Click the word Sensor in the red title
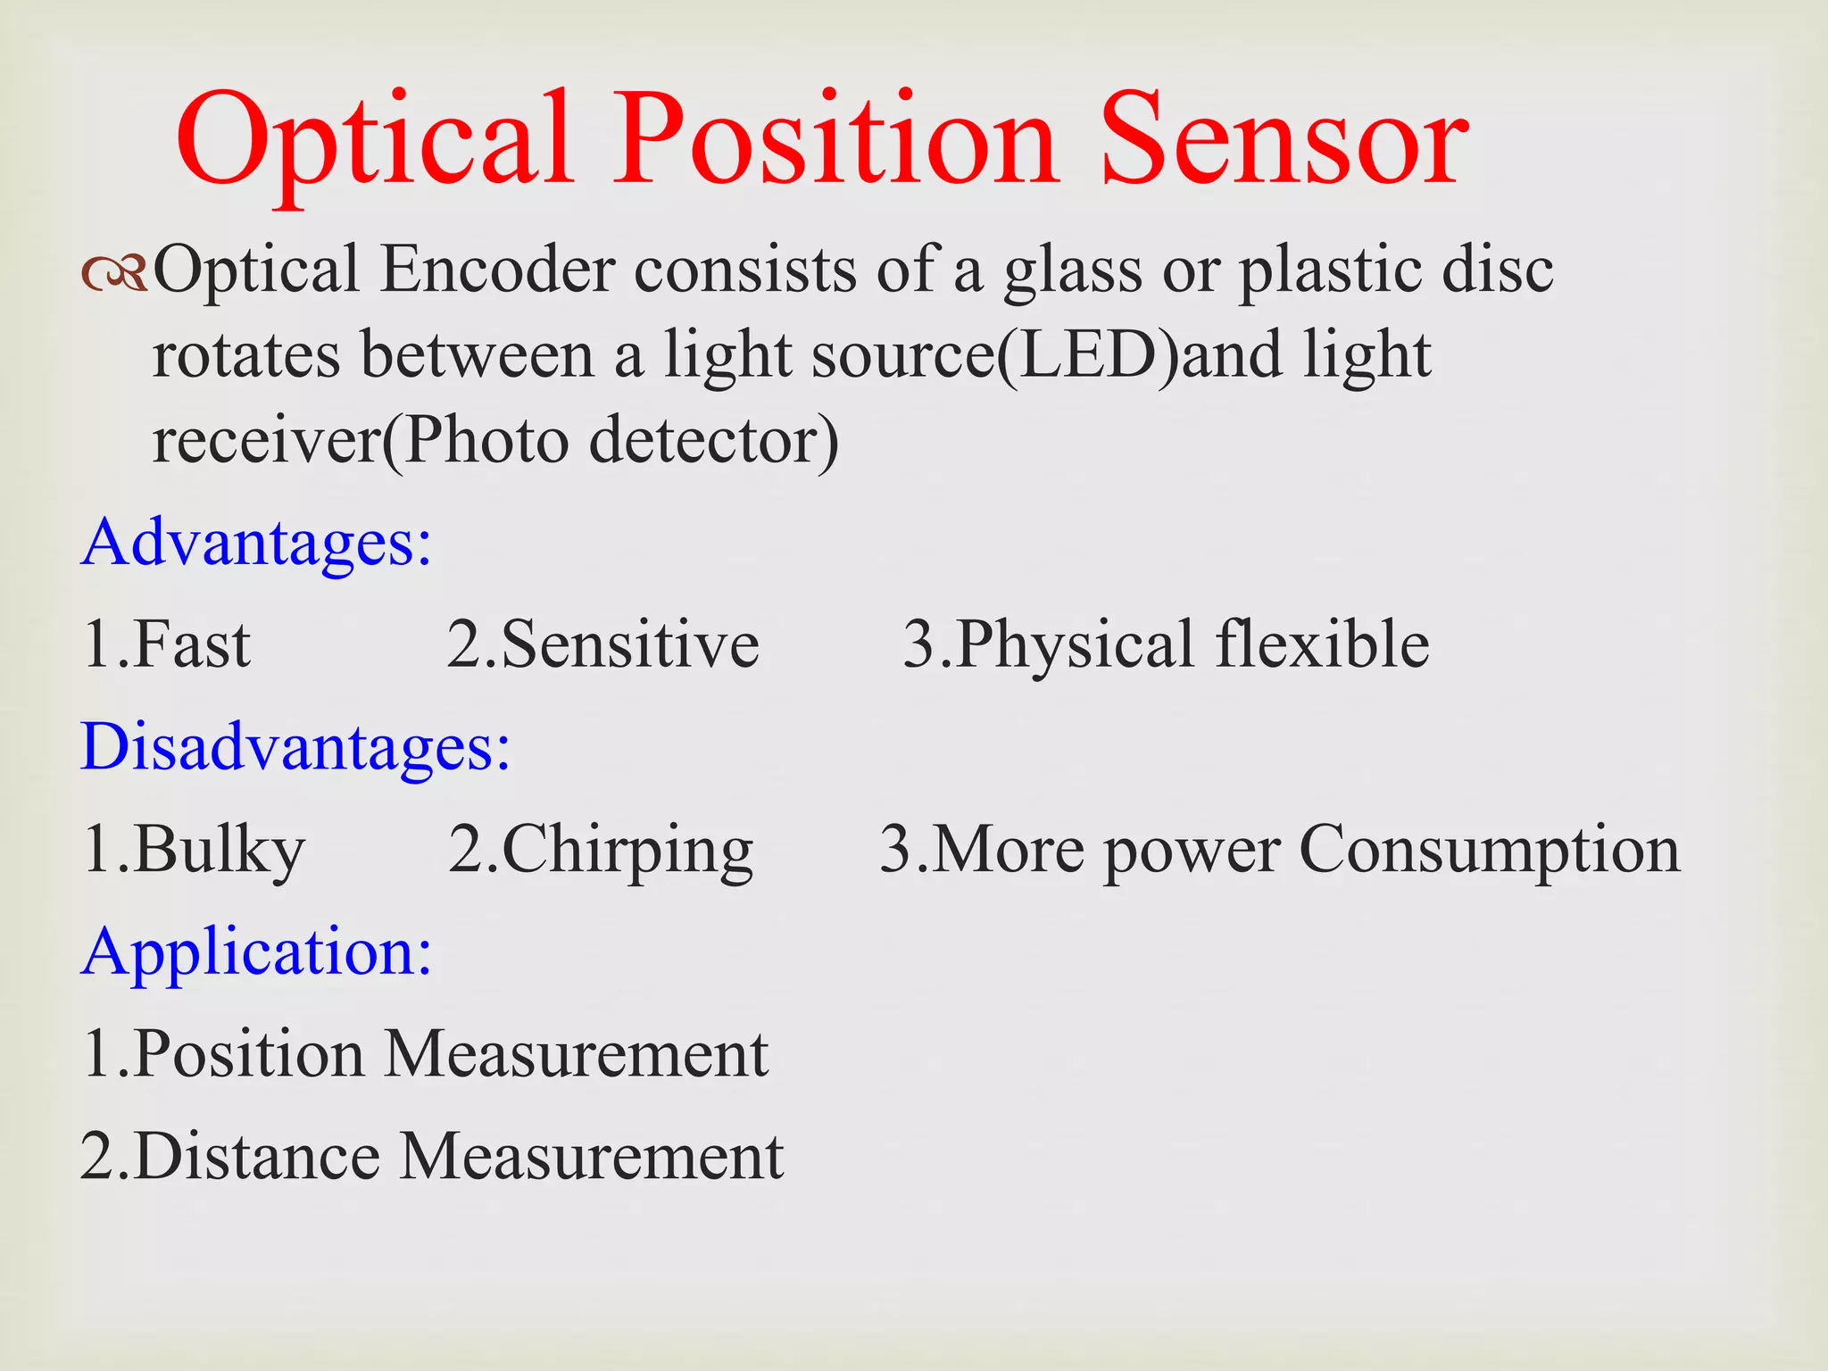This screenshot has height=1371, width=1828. pyautogui.click(x=1284, y=141)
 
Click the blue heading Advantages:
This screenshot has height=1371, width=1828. pyautogui.click(x=256, y=543)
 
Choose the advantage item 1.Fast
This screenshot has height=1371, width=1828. pyautogui.click(x=166, y=644)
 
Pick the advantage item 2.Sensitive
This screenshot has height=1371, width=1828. pyautogui.click(x=602, y=644)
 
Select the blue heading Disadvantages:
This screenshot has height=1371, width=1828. pyautogui.click(x=295, y=746)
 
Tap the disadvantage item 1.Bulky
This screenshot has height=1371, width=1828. pyautogui.click(x=193, y=850)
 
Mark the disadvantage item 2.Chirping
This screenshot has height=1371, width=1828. pyautogui.click(x=600, y=850)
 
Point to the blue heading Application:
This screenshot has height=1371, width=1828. pyautogui.click(x=256, y=952)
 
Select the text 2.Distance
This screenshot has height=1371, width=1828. pyautogui.click(x=230, y=1157)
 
